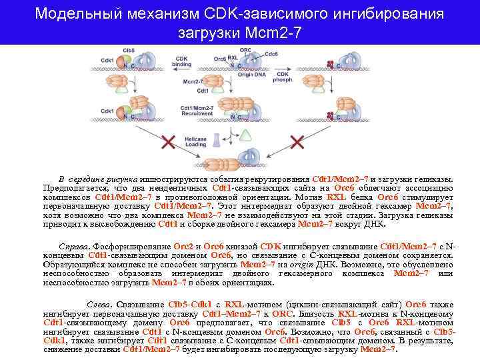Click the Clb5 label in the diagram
129,51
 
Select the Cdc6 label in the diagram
271,54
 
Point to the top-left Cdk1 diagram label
107,61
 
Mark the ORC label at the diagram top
246,50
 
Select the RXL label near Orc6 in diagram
233,59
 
